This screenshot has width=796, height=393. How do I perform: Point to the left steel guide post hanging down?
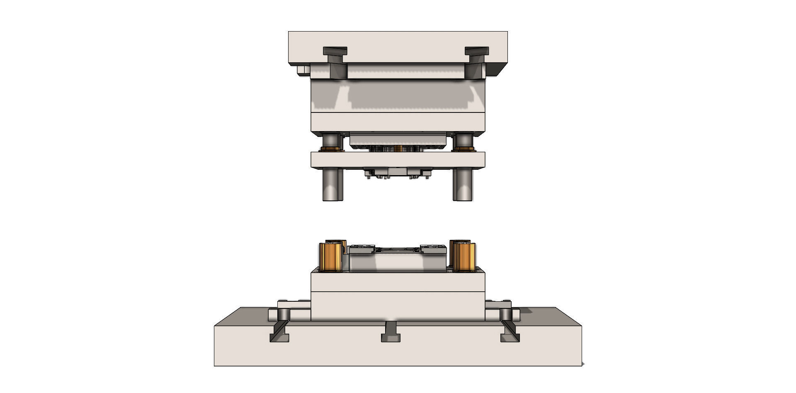click(332, 185)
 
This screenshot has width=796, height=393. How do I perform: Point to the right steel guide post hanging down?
click(463, 185)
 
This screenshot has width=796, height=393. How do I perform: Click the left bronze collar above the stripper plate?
click(332, 149)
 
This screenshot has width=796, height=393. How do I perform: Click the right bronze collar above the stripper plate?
click(464, 149)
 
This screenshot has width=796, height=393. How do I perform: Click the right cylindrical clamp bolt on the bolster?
click(506, 314)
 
